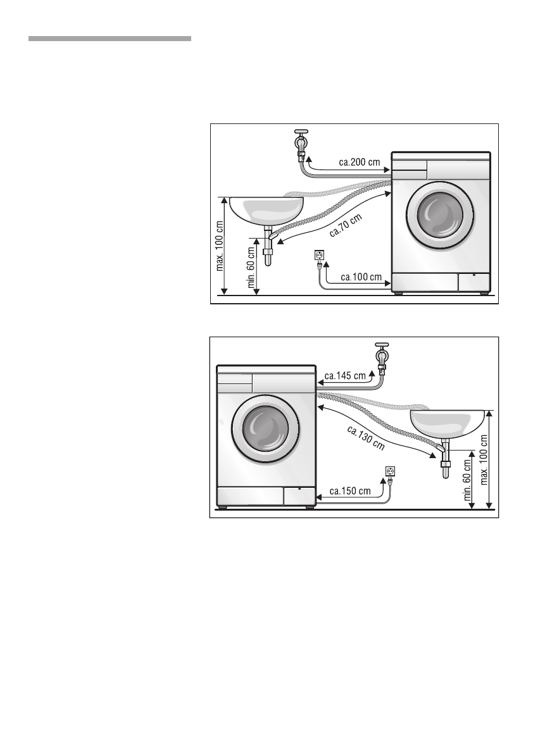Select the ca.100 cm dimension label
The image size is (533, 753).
pyautogui.click(x=361, y=277)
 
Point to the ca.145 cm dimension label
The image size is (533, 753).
pyautogui.click(x=345, y=375)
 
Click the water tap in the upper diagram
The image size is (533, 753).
pyautogui.click(x=301, y=146)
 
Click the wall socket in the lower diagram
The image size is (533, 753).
pyautogui.click(x=390, y=471)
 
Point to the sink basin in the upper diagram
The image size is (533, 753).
pyautogui.click(x=266, y=209)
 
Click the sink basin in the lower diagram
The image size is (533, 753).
pyautogui.click(x=448, y=422)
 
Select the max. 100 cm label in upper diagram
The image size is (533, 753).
pyautogui.click(x=220, y=246)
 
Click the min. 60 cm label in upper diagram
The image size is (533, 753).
pyautogui.click(x=251, y=267)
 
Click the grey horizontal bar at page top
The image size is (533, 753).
pyautogui.click(x=110, y=39)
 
